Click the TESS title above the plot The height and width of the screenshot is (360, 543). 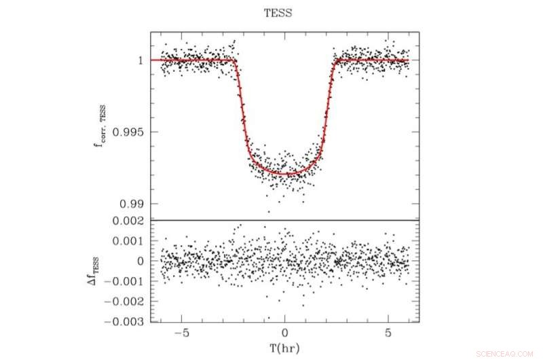(x=278, y=13)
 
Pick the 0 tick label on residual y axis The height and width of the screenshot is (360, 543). (x=139, y=261)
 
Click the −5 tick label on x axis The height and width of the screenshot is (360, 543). (x=181, y=335)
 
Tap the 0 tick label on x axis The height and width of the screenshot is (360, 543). (x=284, y=335)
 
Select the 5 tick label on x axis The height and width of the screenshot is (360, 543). (x=388, y=335)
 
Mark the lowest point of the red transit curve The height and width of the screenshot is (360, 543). (x=284, y=174)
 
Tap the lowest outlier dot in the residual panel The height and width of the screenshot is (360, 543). (x=268, y=317)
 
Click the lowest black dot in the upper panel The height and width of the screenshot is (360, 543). (x=268, y=211)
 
